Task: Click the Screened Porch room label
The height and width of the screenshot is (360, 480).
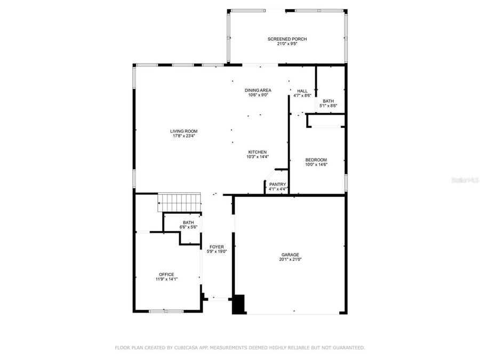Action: point(287,39)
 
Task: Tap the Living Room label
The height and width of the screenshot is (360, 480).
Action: point(184,131)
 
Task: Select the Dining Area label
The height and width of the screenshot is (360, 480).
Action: point(258,90)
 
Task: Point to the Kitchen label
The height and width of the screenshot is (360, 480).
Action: point(257,152)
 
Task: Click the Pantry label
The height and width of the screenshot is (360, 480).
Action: point(277,184)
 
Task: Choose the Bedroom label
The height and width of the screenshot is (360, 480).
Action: point(316,160)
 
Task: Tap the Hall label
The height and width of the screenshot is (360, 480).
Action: point(302,91)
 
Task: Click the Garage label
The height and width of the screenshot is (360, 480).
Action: point(290,254)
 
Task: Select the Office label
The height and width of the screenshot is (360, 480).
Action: point(166,274)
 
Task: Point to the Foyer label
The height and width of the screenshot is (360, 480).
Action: point(217,246)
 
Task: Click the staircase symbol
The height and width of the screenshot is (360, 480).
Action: point(179,203)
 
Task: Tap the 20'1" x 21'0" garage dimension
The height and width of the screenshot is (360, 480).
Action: point(290,260)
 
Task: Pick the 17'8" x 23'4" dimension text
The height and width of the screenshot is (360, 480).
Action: point(184,136)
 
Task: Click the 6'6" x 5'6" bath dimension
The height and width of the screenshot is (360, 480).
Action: point(188,227)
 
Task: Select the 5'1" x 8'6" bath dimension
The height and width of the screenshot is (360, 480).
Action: point(328,106)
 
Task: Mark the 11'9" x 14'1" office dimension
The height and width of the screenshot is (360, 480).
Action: point(166,279)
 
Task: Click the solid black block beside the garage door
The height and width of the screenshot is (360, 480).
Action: point(238,304)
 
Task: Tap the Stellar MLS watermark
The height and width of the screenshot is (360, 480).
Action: point(465,181)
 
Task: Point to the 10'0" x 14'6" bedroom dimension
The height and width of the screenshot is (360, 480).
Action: point(316,165)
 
